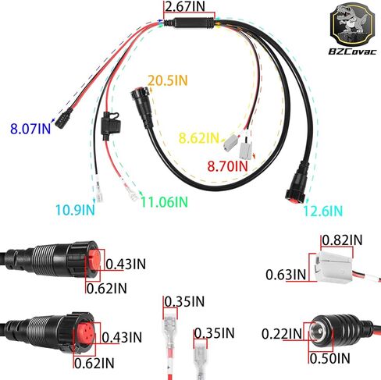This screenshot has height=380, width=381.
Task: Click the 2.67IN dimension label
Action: coord(185,6)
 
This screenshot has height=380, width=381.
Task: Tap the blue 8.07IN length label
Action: coord(30,129)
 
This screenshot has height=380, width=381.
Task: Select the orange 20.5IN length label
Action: coord(168,80)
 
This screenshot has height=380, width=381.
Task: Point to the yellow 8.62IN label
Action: coord(199,138)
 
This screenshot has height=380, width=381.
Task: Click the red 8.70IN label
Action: coord(228,166)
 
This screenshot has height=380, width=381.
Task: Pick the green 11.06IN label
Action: coord(164,201)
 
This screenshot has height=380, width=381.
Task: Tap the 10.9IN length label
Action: coord(75,210)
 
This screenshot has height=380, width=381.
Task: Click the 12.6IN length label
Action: coord(323,211)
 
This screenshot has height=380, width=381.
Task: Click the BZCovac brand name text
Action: coord(352,51)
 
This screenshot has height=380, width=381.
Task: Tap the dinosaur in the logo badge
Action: coord(351,20)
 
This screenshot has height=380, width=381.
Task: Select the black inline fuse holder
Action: coord(110,126)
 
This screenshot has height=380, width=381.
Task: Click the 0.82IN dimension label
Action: coord(342,240)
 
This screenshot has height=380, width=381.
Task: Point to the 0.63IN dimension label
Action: coord(286,275)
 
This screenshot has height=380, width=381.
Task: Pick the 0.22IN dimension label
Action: coord(282,334)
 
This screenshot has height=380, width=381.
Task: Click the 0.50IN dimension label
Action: coord(329,358)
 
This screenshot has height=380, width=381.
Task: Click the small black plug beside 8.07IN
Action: coord(63,119)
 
